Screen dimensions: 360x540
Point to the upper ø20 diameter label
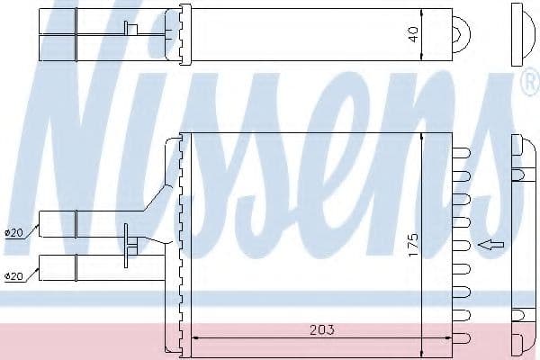(13, 233)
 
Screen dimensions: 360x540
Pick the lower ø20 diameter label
(13, 275)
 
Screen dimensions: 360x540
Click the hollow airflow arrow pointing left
(491, 243)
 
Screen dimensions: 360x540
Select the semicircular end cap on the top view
(464, 35)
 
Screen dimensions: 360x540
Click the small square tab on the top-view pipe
(131, 30)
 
